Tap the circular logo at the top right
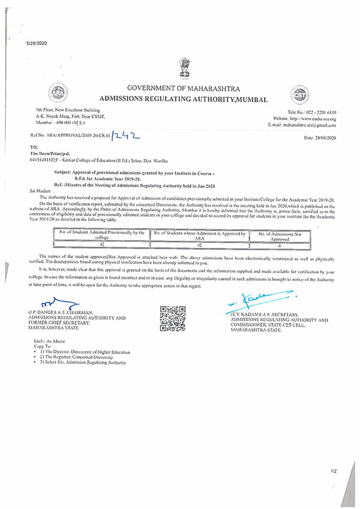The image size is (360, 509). (300, 95)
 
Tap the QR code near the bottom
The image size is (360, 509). (171, 318)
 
